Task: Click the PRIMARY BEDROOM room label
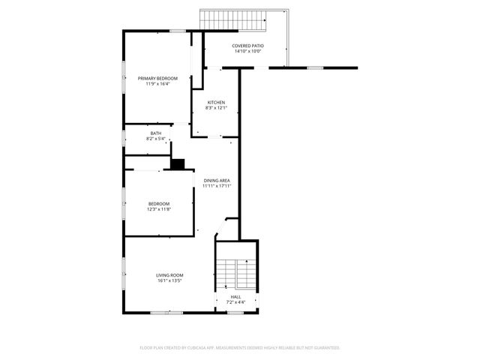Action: coord(157,79)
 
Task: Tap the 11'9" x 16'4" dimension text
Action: coord(157,84)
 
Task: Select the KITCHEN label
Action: coord(216,103)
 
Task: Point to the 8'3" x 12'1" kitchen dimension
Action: coord(216,108)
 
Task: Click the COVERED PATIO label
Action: coord(247,46)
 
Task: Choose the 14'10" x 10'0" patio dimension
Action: coord(247,51)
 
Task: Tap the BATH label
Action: coord(155,133)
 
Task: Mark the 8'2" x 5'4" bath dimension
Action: coord(155,139)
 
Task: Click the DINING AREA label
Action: coord(216,181)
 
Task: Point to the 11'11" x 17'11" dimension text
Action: coord(216,186)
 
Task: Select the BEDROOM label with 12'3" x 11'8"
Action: coord(158,204)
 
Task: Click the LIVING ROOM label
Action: coord(169,275)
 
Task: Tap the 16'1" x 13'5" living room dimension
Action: coord(169,280)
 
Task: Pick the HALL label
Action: coord(235,298)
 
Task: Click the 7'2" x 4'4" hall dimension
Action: coord(235,303)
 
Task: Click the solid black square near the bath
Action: coord(178,163)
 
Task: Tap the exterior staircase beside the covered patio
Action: coord(233,20)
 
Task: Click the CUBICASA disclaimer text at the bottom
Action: coord(240,347)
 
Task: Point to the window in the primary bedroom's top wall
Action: coord(177,31)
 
